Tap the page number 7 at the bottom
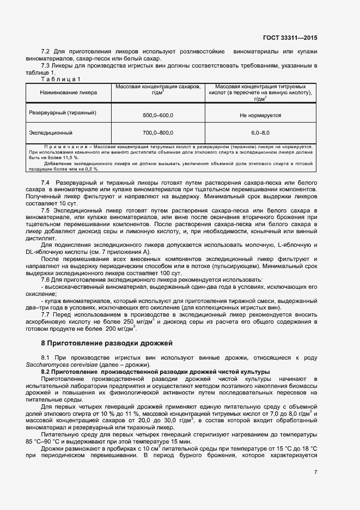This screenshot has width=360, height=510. (x=315, y=472)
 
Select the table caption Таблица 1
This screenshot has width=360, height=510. (x=60, y=79)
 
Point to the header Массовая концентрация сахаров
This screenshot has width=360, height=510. (x=157, y=87)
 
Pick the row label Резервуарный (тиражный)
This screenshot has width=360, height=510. (x=63, y=112)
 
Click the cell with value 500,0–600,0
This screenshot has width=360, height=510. (x=157, y=116)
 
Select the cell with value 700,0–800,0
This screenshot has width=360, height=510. (x=157, y=133)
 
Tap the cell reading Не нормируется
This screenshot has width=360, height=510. (x=260, y=116)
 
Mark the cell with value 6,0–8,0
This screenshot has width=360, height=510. (x=260, y=133)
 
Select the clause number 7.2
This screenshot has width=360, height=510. (x=46, y=51)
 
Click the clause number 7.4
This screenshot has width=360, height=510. (x=46, y=181)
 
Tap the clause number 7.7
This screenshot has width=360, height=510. (x=46, y=314)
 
